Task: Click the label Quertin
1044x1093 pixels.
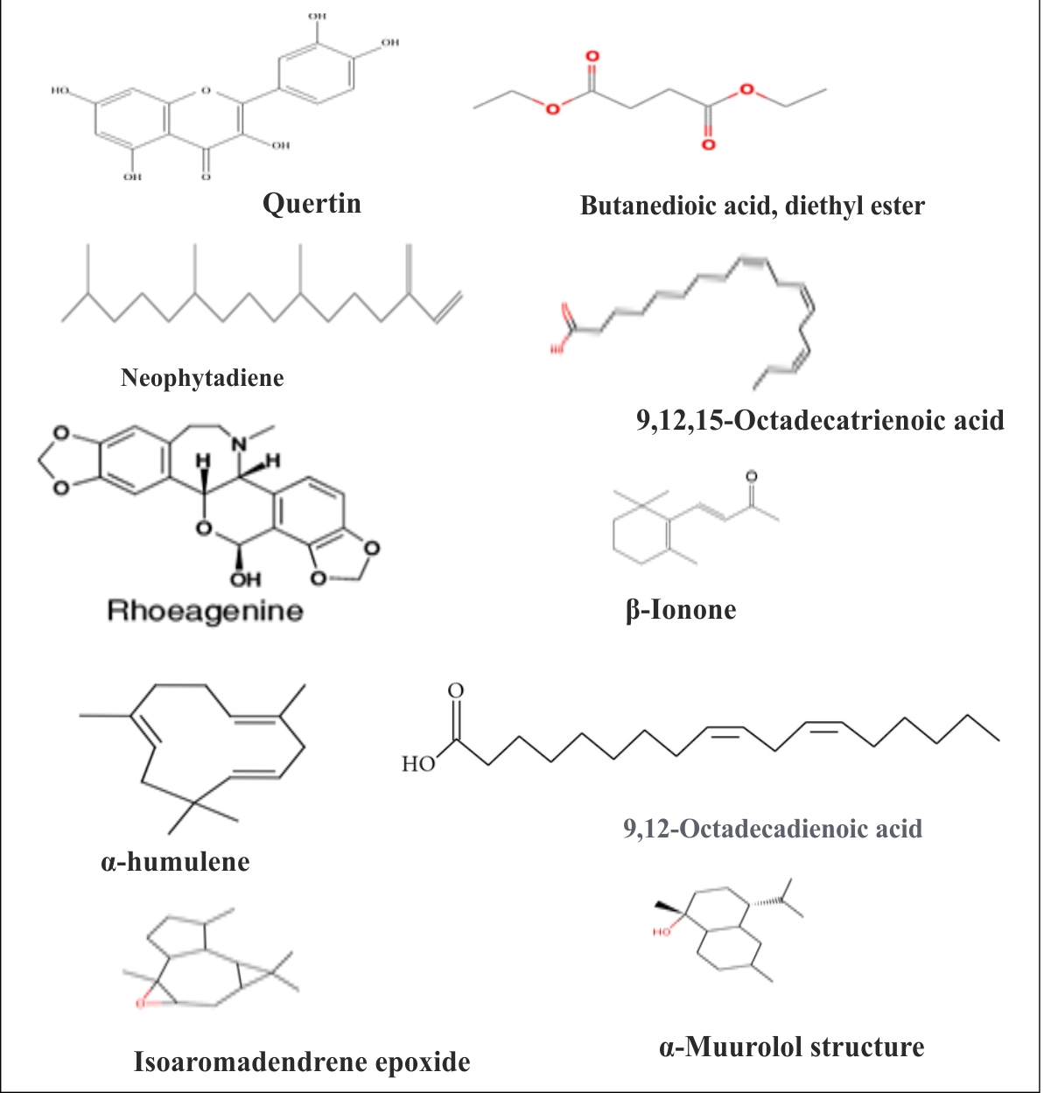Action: tap(312, 204)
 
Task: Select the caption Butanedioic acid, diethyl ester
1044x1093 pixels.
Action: tap(752, 207)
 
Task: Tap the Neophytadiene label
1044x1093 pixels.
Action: tap(202, 378)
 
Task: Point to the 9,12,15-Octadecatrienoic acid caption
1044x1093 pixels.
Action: tap(820, 421)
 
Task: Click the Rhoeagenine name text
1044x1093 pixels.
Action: tap(205, 611)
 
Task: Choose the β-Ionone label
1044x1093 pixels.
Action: tap(681, 610)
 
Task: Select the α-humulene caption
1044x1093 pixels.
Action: tap(175, 862)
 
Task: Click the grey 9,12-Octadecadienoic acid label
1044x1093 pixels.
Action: tap(773, 829)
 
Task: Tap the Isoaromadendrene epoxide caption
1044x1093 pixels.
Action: tap(302, 1062)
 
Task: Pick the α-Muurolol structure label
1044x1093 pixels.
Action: tap(791, 1047)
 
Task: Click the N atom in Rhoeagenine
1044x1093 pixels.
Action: tap(239, 444)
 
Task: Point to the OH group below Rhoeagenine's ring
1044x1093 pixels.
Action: tap(245, 579)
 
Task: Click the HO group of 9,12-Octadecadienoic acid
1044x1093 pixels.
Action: tap(418, 764)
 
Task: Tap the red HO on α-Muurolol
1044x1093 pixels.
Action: tap(662, 932)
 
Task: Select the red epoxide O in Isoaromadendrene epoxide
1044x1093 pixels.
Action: tap(140, 1003)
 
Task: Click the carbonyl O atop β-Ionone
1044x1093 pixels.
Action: tap(751, 477)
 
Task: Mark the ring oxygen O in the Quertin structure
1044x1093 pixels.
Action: tap(206, 89)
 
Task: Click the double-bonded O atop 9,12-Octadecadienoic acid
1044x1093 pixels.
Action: tap(456, 691)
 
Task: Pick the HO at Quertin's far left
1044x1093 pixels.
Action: tap(60, 90)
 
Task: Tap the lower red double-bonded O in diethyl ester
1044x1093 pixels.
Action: tap(708, 144)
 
